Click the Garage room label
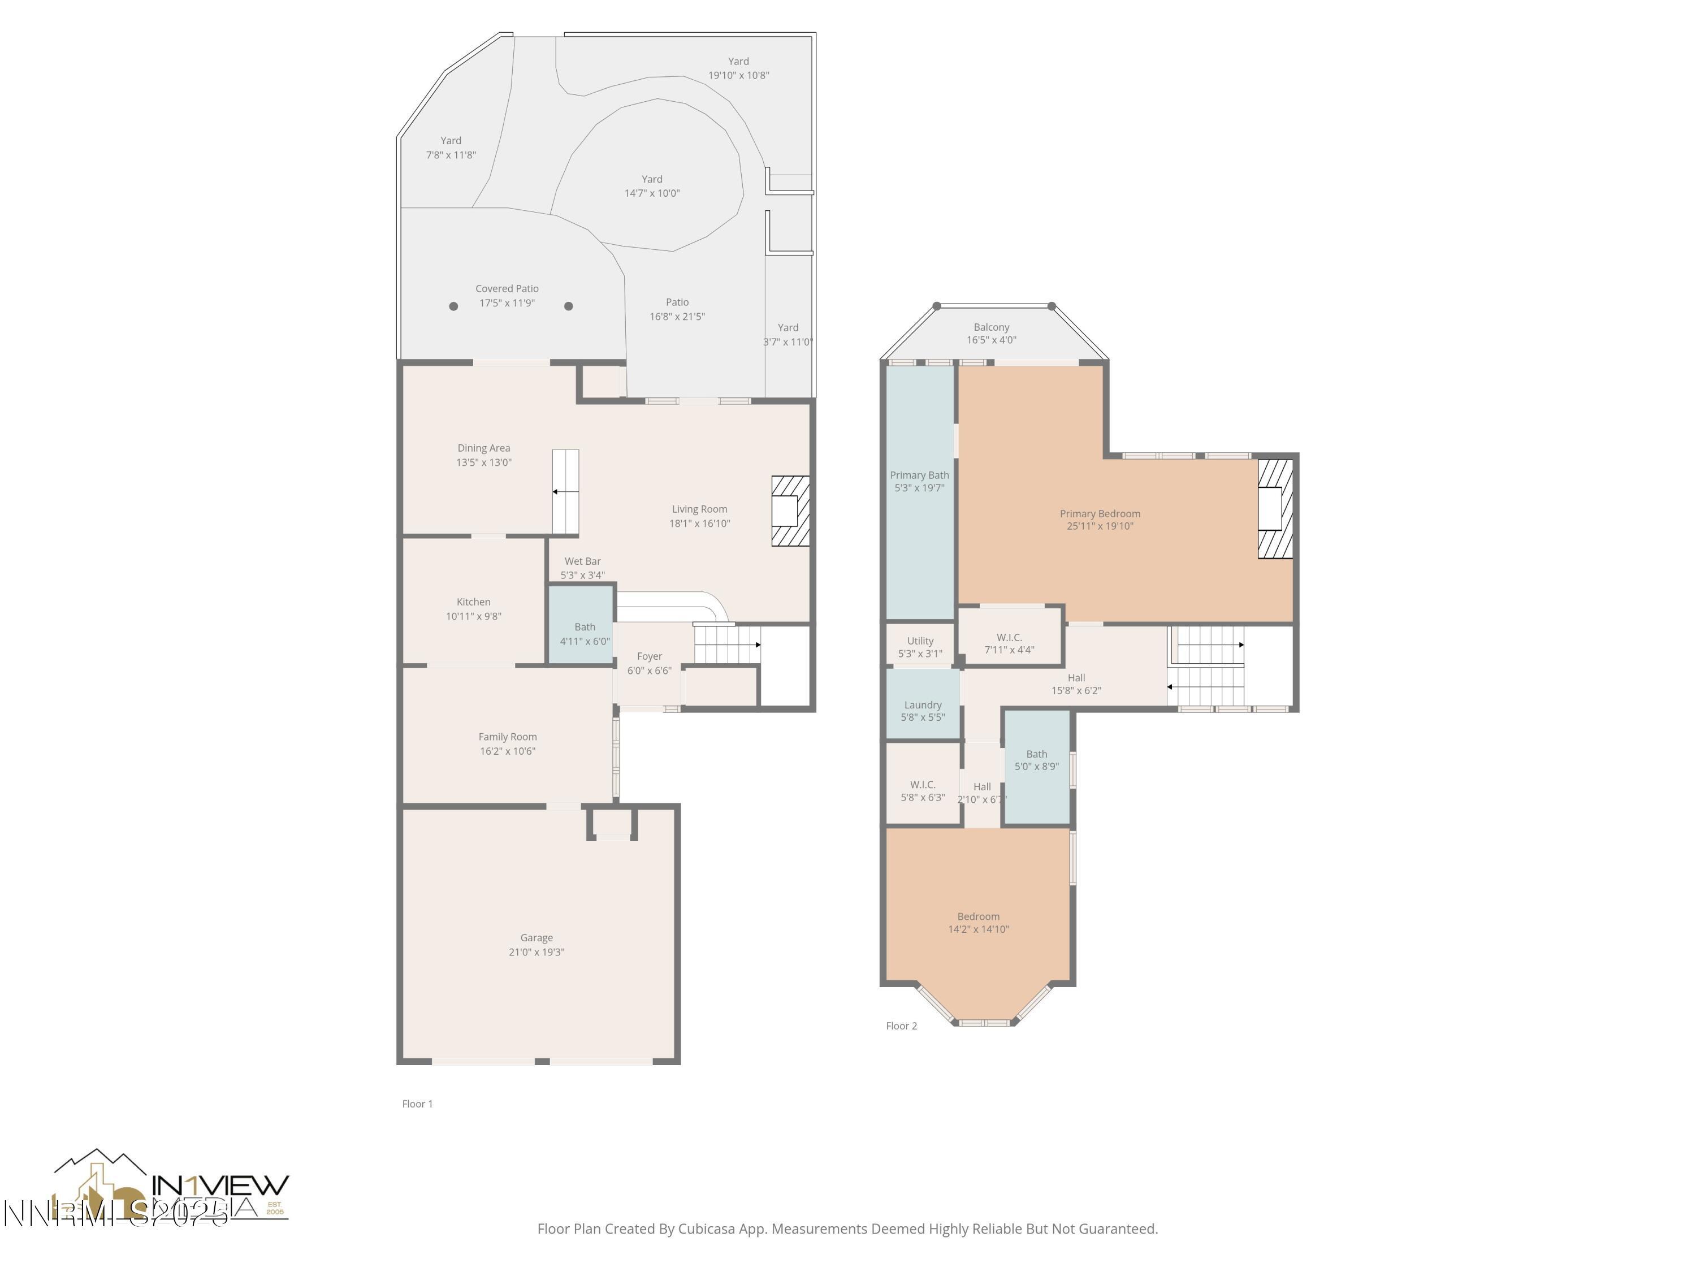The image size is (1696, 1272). click(x=536, y=938)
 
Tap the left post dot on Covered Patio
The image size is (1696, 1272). click(x=453, y=306)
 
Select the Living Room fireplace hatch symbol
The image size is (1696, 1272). click(x=790, y=510)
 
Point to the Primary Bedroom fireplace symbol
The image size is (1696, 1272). click(x=1274, y=508)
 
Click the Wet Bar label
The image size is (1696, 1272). click(x=583, y=561)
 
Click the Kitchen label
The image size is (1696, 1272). click(x=473, y=602)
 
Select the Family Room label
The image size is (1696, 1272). click(x=508, y=737)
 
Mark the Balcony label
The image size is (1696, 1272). click(x=992, y=327)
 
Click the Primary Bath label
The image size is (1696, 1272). click(x=919, y=475)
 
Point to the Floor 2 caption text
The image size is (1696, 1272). click(x=901, y=1026)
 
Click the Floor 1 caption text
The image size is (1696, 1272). click(x=417, y=1104)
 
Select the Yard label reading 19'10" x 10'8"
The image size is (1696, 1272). click(x=738, y=61)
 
